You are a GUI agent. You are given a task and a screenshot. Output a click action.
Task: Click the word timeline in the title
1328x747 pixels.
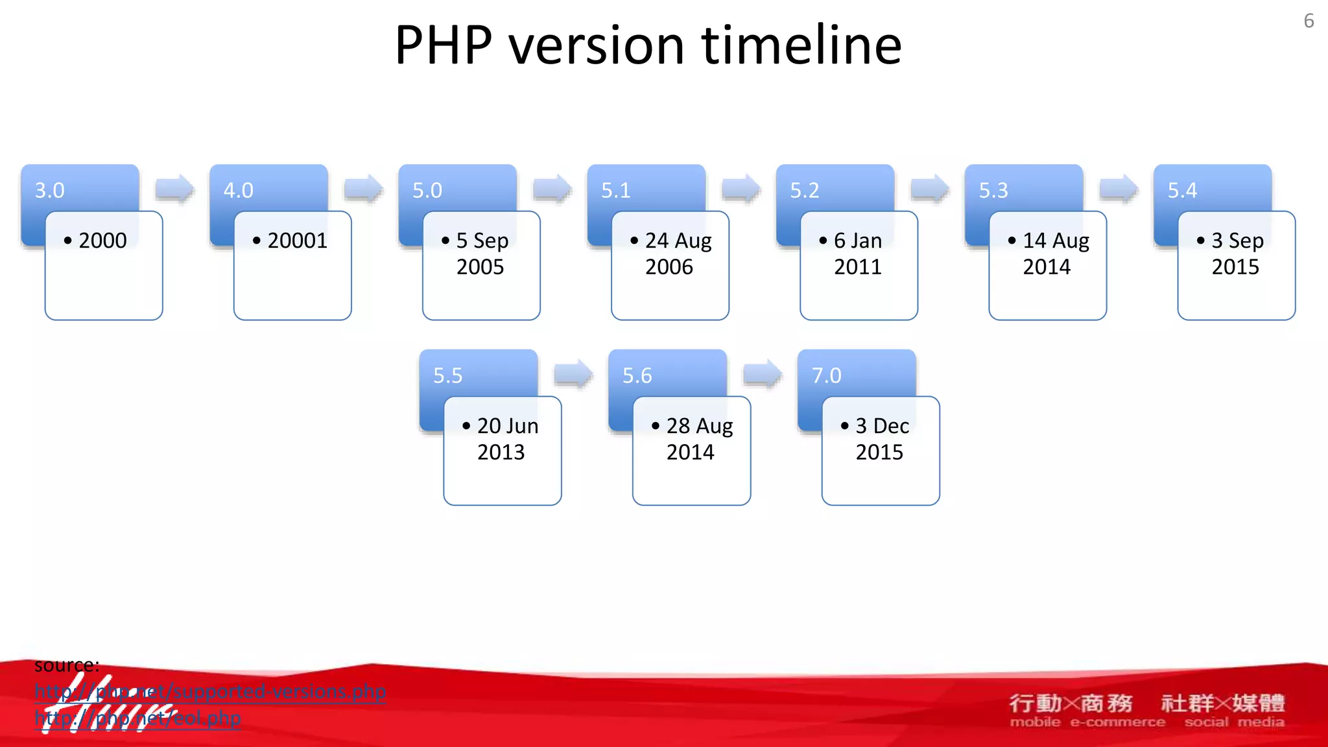pyautogui.click(x=801, y=45)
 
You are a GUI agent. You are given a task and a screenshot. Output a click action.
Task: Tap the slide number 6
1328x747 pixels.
pyautogui.click(x=1309, y=21)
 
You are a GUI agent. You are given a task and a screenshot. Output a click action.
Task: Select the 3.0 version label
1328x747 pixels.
pyautogui.click(x=50, y=191)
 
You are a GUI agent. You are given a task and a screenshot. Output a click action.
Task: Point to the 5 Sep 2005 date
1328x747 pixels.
pyautogui.click(x=481, y=254)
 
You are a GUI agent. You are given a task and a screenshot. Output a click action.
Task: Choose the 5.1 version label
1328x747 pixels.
pyautogui.click(x=616, y=191)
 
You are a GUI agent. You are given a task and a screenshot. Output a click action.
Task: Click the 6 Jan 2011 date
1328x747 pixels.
pyautogui.click(x=857, y=254)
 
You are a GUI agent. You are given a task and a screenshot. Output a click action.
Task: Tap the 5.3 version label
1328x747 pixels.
pyautogui.click(x=993, y=191)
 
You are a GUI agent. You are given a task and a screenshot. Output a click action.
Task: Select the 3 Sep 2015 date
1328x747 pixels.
pyautogui.click(x=1236, y=254)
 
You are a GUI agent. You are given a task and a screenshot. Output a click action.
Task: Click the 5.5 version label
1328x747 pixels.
pyautogui.click(x=448, y=376)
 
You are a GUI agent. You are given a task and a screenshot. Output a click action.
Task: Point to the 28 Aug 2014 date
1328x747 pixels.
pyautogui.click(x=691, y=439)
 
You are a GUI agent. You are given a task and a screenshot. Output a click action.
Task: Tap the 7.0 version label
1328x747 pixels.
pyautogui.click(x=827, y=376)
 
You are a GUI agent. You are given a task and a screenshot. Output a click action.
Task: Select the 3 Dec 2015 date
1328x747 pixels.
pyautogui.click(x=881, y=439)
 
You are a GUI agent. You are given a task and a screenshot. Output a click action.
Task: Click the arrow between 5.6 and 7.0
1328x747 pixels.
pyautogui.click(x=763, y=374)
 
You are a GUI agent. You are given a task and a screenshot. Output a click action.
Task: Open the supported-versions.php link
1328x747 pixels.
pyautogui.click(x=210, y=692)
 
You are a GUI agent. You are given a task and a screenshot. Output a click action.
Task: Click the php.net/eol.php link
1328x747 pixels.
pyautogui.click(x=137, y=718)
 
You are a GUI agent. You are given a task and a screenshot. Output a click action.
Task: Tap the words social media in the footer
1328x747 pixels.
pyautogui.click(x=1234, y=722)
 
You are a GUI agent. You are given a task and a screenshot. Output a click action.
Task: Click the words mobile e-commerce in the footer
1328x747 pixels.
pyautogui.click(x=1087, y=722)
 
